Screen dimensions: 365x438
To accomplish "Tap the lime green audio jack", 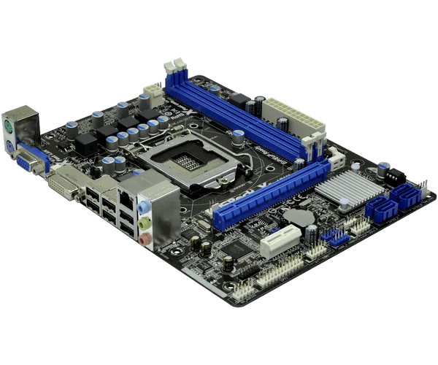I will pos(145,222).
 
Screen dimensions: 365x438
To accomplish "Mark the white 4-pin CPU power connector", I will pos(152,92).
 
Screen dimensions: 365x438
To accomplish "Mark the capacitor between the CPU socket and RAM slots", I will pos(239,136).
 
